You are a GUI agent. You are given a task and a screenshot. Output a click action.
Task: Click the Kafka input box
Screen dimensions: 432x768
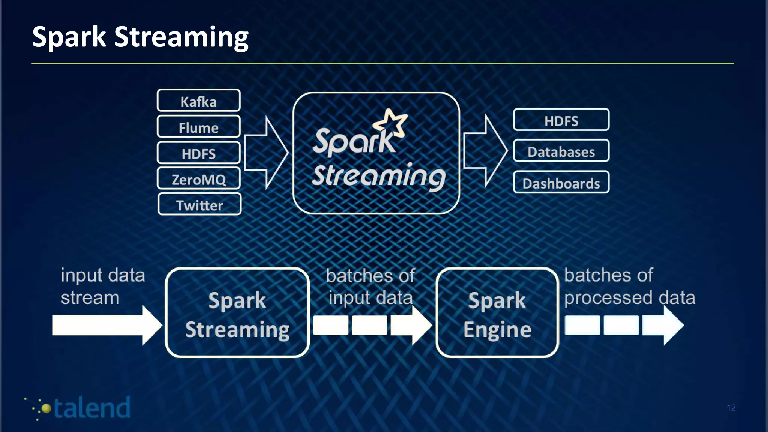click(198, 100)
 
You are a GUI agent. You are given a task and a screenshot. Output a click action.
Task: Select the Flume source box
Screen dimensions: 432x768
click(198, 127)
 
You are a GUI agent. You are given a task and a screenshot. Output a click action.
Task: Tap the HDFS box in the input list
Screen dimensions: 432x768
click(198, 153)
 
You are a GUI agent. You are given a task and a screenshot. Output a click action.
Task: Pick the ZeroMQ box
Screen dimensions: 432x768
click(198, 179)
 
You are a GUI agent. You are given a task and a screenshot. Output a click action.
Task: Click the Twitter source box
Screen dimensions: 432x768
click(199, 204)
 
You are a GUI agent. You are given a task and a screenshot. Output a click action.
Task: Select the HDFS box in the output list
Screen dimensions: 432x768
click(561, 120)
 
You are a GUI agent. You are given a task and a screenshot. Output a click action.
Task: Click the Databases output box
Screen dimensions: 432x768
click(561, 151)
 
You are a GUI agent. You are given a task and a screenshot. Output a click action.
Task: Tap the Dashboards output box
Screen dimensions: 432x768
click(561, 183)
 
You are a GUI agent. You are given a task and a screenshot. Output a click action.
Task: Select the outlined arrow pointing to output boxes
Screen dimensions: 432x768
click(485, 151)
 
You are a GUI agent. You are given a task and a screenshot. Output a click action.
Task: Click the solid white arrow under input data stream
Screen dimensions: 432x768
click(106, 325)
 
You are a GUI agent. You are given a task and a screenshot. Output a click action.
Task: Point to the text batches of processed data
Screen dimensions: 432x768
click(629, 286)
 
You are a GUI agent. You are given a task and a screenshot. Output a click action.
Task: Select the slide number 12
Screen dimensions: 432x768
click(731, 408)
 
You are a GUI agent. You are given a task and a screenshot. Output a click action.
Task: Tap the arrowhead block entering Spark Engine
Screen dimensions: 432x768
click(411, 325)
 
